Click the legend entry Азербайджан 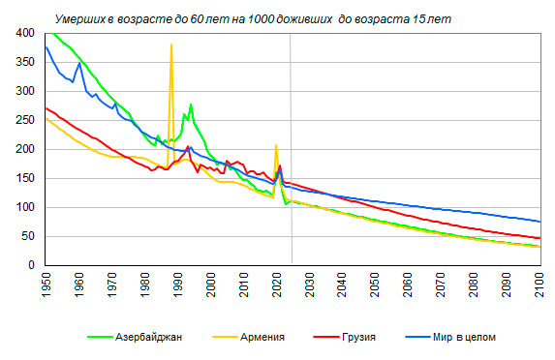135,337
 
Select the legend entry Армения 249,337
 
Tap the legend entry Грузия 345,337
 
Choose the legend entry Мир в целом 450,337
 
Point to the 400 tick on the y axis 25,33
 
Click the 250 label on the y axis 25,120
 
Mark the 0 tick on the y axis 31,265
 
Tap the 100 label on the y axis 25,207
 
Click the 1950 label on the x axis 46,285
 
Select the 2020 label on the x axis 277,285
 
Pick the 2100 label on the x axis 541,285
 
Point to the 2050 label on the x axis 376,285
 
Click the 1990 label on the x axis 178,285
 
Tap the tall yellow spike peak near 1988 171,45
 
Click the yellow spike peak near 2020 276,145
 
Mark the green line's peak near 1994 191,105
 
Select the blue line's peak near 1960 79,63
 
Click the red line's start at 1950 46,108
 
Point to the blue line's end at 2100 540,222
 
